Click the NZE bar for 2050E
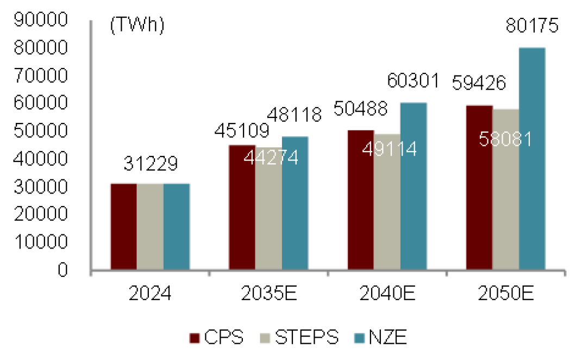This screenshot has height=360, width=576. point(532,159)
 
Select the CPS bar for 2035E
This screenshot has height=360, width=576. point(242,207)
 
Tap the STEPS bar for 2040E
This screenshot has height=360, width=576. point(387,202)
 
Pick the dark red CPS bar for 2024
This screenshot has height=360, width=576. point(124,227)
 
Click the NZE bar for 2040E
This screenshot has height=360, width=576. point(414,187)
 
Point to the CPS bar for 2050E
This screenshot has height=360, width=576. point(479,188)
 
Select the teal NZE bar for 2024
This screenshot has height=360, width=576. point(177,227)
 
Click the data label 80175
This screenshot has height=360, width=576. point(532,26)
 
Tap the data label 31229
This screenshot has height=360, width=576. point(151,164)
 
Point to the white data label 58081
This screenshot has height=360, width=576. point(505,139)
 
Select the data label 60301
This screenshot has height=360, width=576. point(414,80)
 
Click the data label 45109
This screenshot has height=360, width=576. point(242,131)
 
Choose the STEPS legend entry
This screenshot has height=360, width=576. point(299,337)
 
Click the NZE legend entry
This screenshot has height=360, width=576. point(380,337)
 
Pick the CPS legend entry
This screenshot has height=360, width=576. point(216,337)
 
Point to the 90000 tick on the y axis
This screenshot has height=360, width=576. point(41,19)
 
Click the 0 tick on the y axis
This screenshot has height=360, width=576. point(63,270)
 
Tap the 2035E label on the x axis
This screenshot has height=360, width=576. point(269,294)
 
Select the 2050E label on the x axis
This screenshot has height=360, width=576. point(506,294)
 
